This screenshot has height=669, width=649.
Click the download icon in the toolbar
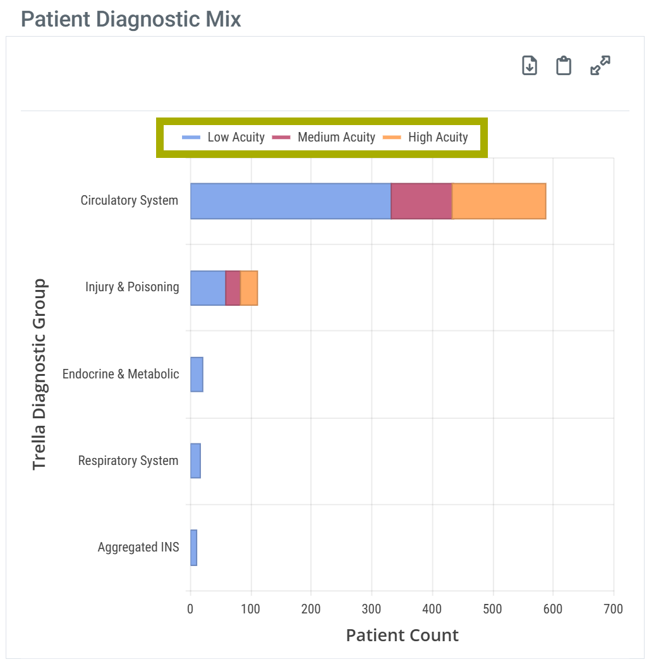click(530, 66)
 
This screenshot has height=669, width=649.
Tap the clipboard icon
click(564, 66)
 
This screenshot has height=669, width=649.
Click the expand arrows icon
click(600, 66)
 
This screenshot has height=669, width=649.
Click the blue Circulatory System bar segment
click(291, 202)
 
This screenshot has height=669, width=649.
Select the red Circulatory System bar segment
click(422, 202)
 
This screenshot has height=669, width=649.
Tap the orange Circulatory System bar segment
click(499, 202)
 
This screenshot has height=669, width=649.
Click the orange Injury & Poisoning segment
click(249, 288)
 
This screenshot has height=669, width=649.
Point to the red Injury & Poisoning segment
click(233, 288)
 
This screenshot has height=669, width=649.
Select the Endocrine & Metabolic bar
click(197, 375)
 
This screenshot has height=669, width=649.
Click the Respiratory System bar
click(195, 461)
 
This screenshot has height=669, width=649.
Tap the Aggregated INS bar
click(193, 548)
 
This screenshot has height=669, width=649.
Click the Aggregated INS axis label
click(138, 548)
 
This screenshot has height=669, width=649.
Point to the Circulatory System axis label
click(130, 201)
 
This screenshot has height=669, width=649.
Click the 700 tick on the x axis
click(613, 609)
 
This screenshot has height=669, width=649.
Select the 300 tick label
click(372, 609)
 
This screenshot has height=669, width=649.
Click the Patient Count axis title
click(402, 635)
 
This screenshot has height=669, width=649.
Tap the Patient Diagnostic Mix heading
click(131, 19)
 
